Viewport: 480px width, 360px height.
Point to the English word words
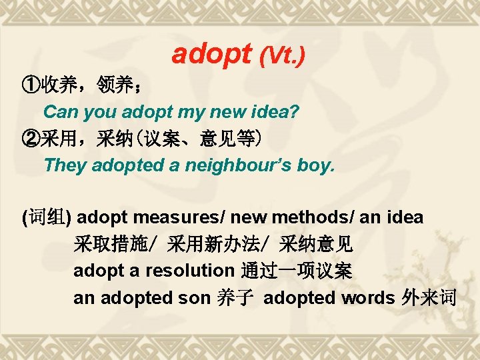(x=367, y=298)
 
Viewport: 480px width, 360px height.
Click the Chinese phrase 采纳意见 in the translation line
(x=316, y=245)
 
